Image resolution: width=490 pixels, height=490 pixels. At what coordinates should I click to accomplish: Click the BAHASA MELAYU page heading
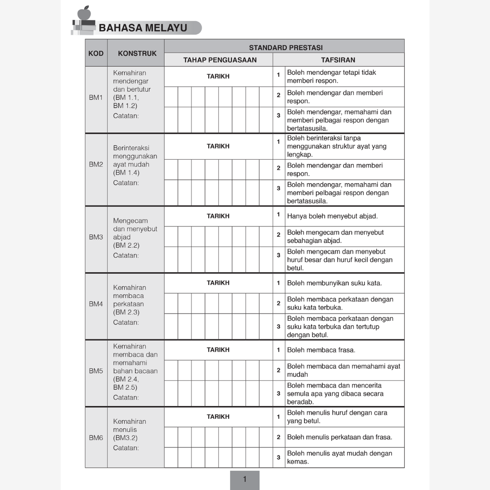click(143, 28)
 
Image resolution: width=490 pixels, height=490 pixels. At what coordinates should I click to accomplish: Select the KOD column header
click(96, 53)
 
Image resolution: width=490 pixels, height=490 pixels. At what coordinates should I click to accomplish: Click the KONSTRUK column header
click(137, 53)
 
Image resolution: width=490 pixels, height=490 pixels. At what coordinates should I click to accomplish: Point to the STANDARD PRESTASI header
click(285, 47)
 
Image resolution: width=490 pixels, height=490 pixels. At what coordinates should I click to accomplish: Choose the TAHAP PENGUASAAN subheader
click(220, 60)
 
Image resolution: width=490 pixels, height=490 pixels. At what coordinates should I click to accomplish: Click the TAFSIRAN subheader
click(338, 60)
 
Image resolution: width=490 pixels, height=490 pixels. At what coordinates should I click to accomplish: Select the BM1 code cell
click(96, 98)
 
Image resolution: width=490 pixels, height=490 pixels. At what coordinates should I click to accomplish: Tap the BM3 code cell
click(96, 237)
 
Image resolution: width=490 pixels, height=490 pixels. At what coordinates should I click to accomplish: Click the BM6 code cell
click(96, 438)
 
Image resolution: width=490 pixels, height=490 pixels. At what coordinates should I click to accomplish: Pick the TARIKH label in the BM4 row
click(218, 283)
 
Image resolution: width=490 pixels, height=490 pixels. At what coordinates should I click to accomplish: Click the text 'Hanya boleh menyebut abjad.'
click(332, 216)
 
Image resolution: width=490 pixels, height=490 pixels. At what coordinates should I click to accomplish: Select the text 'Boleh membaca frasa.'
click(321, 350)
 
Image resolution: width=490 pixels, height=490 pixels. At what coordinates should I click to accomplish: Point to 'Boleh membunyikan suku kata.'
click(334, 283)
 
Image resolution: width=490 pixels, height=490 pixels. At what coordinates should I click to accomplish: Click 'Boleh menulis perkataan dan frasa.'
click(339, 437)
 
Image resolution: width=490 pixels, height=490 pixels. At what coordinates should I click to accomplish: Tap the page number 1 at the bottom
click(245, 479)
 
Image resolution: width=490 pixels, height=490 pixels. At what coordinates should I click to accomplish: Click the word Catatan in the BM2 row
click(126, 183)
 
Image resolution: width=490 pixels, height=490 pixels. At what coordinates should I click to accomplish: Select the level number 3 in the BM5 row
click(279, 393)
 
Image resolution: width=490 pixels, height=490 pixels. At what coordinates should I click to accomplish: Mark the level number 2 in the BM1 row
click(279, 95)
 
